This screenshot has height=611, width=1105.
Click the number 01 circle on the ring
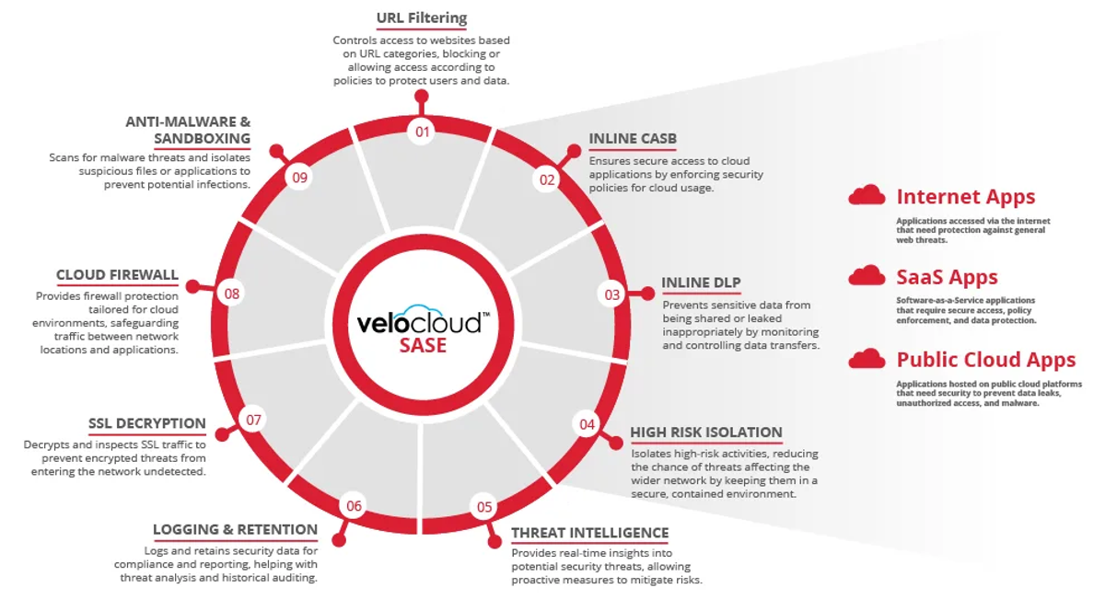pos(422,132)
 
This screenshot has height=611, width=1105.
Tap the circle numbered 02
pos(548,179)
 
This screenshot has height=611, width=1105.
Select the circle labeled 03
pos(612,294)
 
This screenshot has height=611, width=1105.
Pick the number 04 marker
pos(587,424)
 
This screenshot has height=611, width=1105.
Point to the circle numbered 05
pos(484,506)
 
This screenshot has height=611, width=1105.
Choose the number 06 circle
pos(354,506)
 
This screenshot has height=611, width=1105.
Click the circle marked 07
pos(253,421)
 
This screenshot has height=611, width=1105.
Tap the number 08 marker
pos(231,294)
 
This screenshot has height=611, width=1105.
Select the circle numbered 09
pos(298,176)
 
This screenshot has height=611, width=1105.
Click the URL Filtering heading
pos(422,18)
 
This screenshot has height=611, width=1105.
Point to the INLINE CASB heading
pos(633,139)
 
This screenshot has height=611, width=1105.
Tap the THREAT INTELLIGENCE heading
pos(589,533)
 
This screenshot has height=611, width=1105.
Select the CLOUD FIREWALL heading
pos(117,275)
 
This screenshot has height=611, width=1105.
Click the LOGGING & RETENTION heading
pos(235,529)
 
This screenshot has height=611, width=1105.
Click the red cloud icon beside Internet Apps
pos(867,195)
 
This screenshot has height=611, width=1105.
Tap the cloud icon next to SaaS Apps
pos(867,276)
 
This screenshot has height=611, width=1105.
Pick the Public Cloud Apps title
pos(986,359)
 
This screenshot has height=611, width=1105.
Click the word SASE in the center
pos(423,345)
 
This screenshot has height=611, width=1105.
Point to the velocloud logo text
pos(419,323)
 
